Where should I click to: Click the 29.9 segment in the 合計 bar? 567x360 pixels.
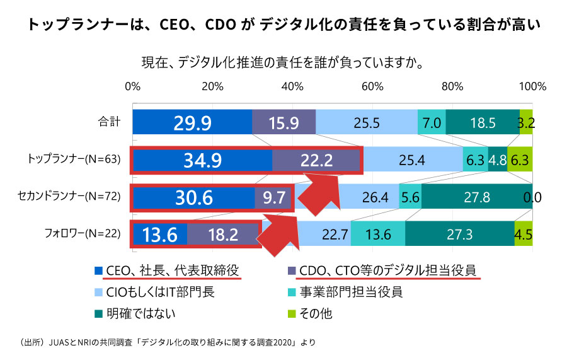tap(192, 122)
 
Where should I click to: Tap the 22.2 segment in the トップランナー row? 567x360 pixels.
tap(316, 160)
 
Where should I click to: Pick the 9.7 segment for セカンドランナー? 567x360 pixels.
tap(274, 198)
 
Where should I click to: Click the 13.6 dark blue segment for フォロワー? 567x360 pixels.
tap(160, 235)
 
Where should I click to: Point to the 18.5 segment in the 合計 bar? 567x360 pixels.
tap(483, 122)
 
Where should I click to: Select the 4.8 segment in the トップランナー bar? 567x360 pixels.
tap(497, 160)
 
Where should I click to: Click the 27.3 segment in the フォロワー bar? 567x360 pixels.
tap(459, 235)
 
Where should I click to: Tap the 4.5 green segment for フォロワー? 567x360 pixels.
tap(524, 235)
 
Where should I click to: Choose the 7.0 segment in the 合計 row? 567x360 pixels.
tap(432, 122)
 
